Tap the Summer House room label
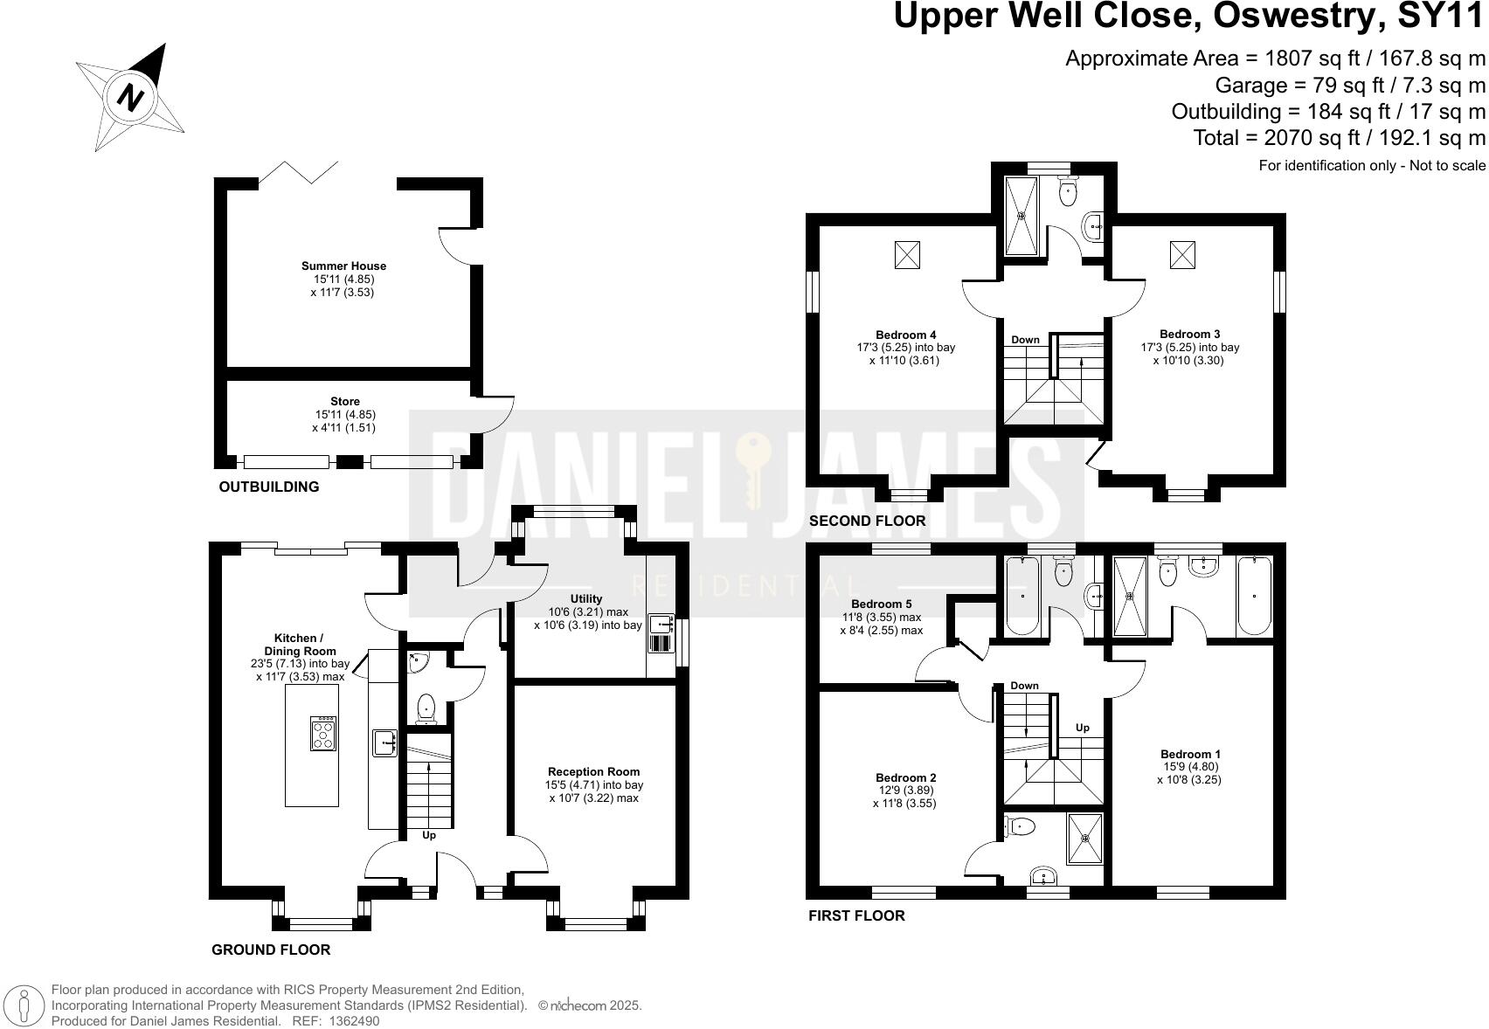[x=343, y=266]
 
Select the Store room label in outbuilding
[x=345, y=402]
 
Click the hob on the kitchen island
[x=323, y=733]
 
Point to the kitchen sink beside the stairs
[x=384, y=743]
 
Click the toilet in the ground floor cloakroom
[x=426, y=707]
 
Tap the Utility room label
[x=587, y=599]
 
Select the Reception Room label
[x=593, y=771]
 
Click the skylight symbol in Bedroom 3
[x=1182, y=254]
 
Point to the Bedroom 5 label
[x=881, y=604]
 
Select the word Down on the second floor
[x=1025, y=340]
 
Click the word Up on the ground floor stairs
[x=429, y=835]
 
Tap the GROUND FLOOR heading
[x=271, y=950]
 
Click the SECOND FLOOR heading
[x=867, y=521]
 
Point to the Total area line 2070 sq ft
[x=1339, y=138]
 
